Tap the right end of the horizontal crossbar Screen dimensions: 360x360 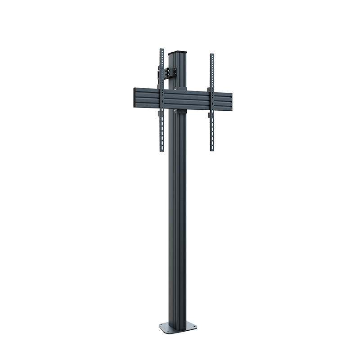pos(231,102)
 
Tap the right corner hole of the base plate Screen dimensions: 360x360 pos(194,327)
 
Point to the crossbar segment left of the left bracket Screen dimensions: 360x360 pos(146,98)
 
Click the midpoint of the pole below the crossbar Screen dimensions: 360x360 pos(178,216)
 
